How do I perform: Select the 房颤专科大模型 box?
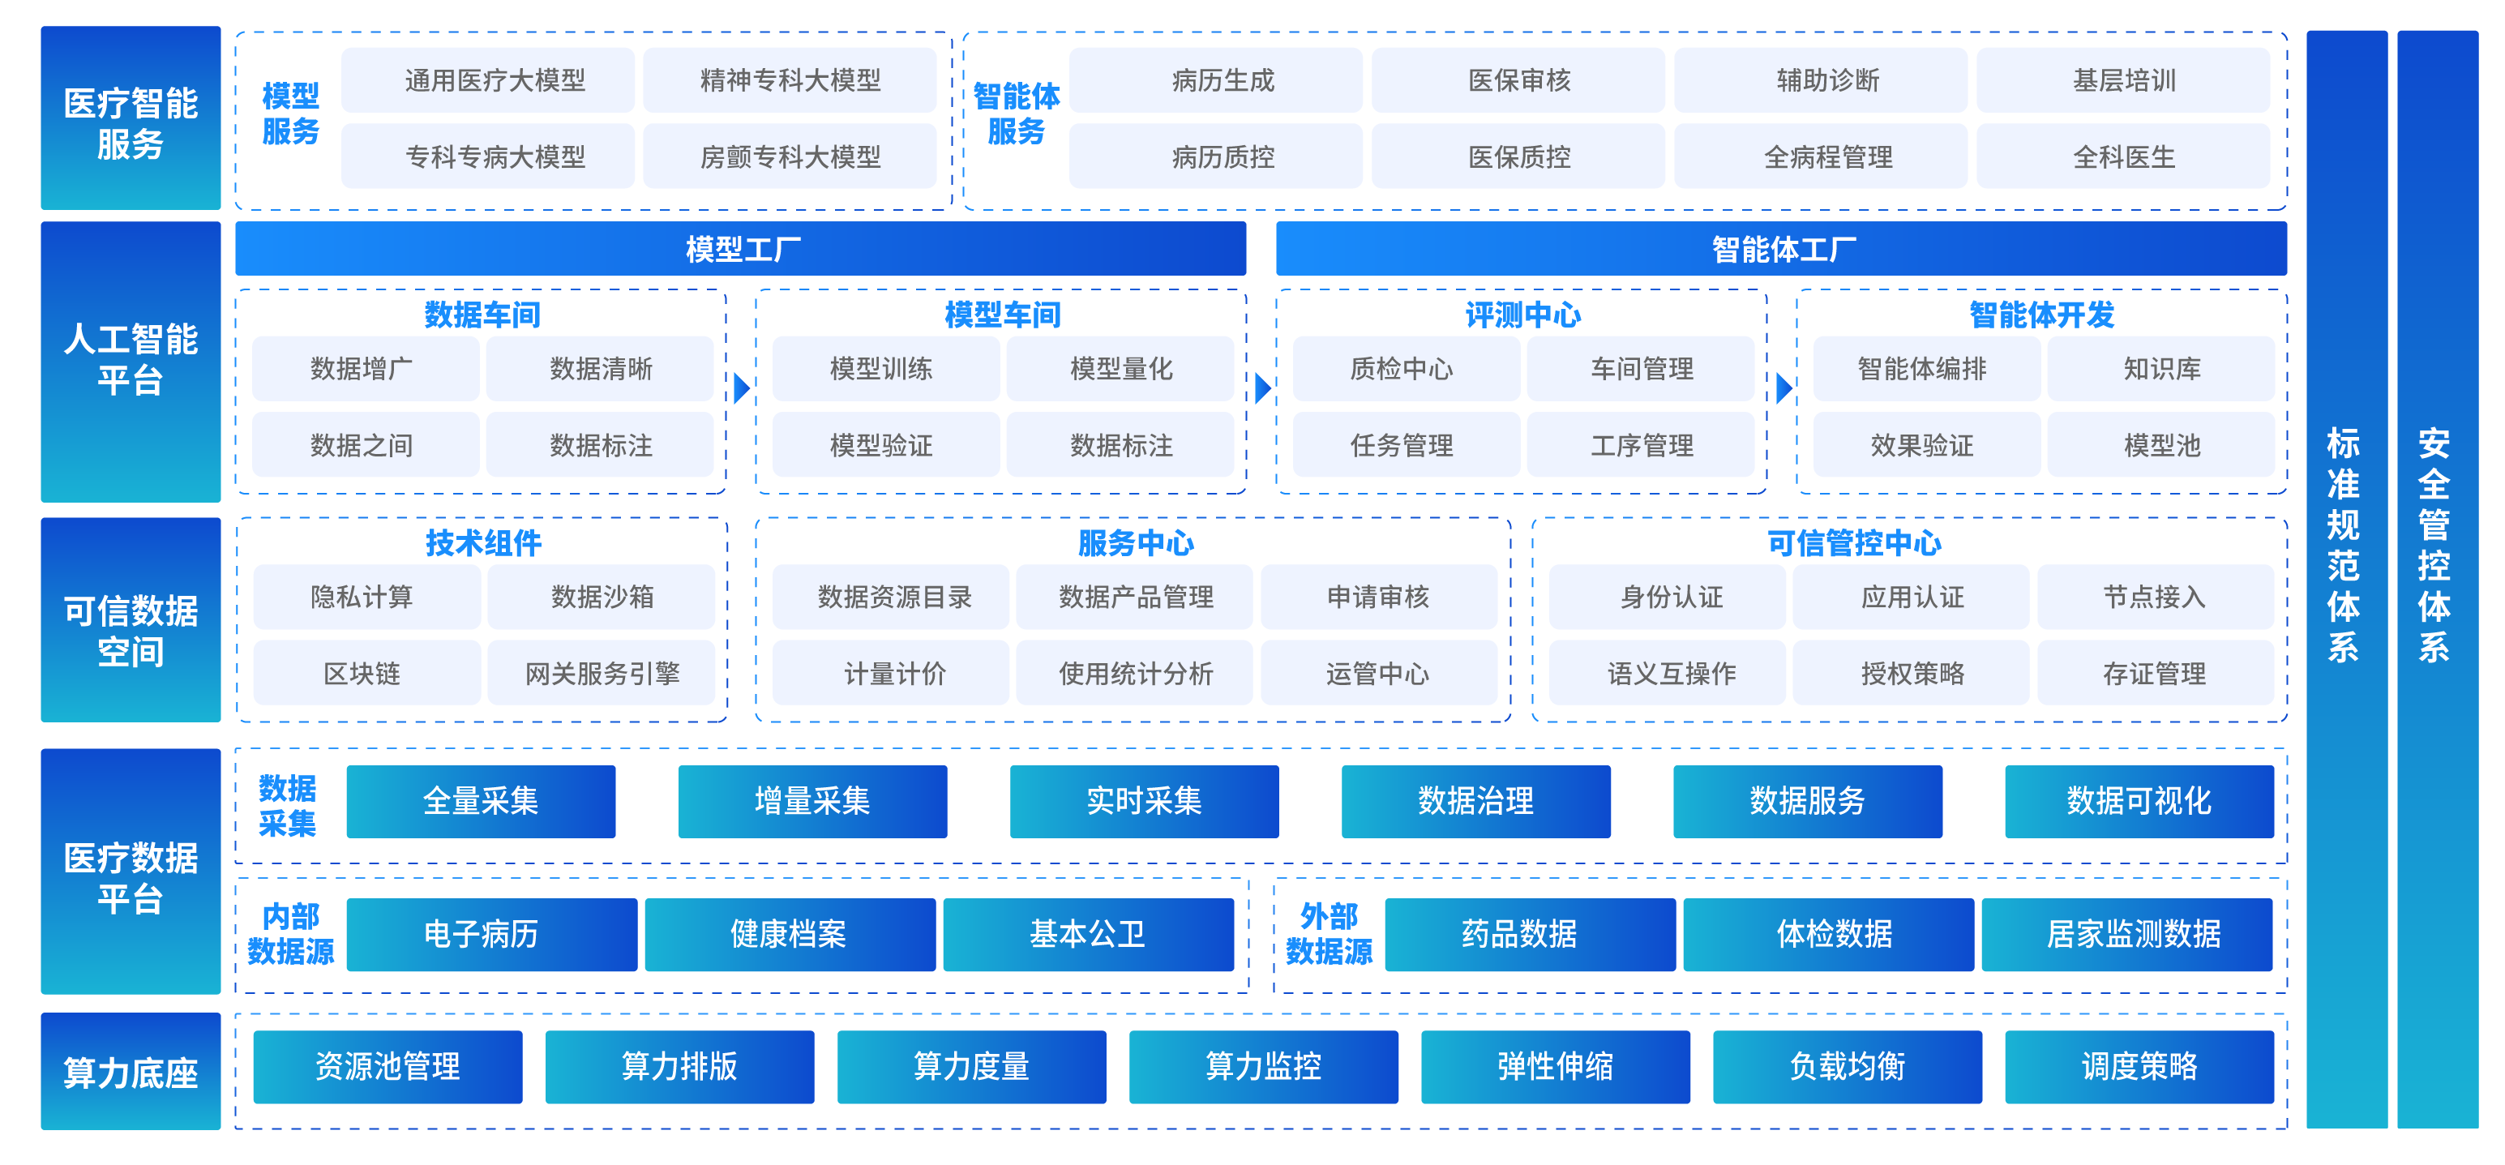(790, 156)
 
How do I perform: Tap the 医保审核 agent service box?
(1518, 79)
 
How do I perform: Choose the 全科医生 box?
(2123, 156)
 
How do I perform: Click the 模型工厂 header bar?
(741, 249)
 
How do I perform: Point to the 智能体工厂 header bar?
(1782, 249)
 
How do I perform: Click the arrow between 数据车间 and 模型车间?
(742, 388)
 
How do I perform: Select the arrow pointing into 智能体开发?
(1784, 388)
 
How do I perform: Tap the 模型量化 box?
(1120, 369)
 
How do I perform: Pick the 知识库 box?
(2160, 369)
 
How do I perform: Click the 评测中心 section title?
(1522, 314)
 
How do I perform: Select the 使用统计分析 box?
(1135, 673)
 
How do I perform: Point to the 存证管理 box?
(2155, 673)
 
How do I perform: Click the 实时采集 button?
(1145, 801)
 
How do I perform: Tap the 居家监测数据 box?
(2126, 935)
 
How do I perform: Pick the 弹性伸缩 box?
(1555, 1067)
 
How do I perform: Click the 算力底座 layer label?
(131, 1072)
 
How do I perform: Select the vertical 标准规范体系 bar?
(2346, 580)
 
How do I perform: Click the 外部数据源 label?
(1329, 934)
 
